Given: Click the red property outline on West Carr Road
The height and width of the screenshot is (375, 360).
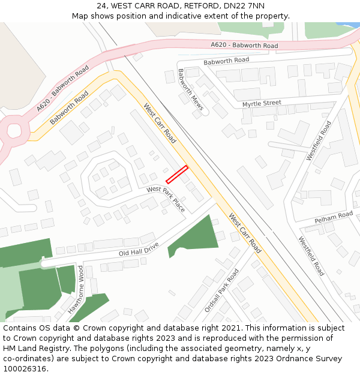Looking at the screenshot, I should click(177, 174).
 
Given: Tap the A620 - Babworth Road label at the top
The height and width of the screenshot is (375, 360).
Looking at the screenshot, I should click(244, 46).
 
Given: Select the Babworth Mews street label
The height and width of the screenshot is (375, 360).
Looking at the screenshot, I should click(190, 91).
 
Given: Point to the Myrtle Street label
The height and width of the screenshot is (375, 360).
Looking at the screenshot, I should click(262, 104).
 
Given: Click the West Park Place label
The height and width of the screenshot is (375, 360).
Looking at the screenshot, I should click(166, 198).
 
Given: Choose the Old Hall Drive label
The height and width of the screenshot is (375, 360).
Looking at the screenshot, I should click(139, 249).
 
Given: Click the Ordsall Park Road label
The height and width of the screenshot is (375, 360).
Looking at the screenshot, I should click(221, 290).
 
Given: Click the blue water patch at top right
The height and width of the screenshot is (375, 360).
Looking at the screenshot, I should click(348, 25).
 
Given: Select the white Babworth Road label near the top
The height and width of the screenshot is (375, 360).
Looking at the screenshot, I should click(226, 61).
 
